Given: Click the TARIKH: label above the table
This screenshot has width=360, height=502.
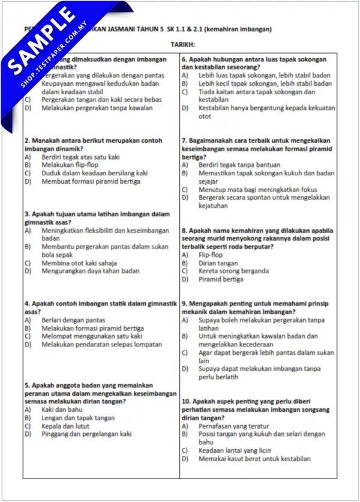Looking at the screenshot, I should pyautogui.click(x=183, y=45).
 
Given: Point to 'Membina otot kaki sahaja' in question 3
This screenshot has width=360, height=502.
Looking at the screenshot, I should pyautogui.click(x=79, y=262).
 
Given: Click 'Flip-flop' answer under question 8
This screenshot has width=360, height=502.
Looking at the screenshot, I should pyautogui.click(x=212, y=255).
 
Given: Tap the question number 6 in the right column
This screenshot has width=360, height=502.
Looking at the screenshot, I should pyautogui.click(x=184, y=60).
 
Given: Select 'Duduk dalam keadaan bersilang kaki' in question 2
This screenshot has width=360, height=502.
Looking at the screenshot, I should pyautogui.click(x=94, y=172).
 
